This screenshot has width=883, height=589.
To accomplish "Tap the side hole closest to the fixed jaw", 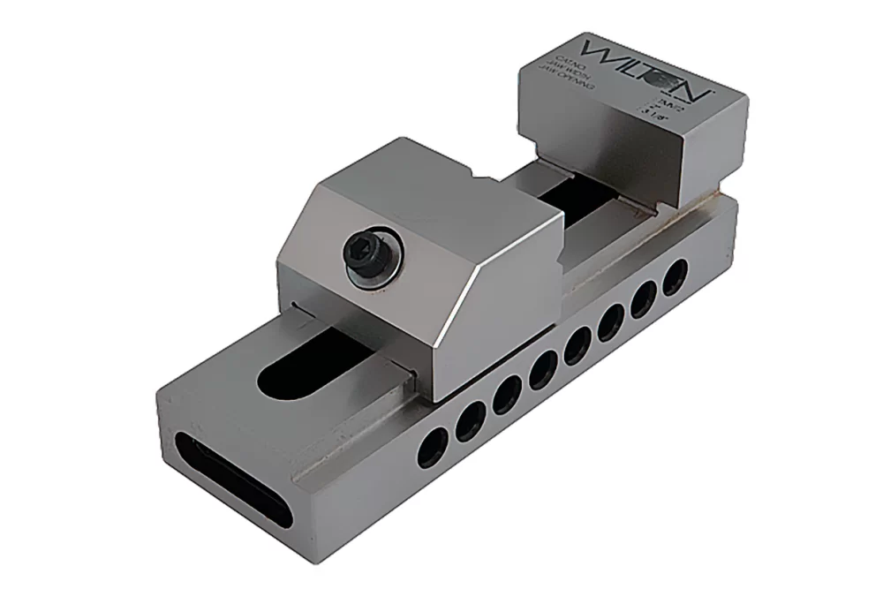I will (674, 275).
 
